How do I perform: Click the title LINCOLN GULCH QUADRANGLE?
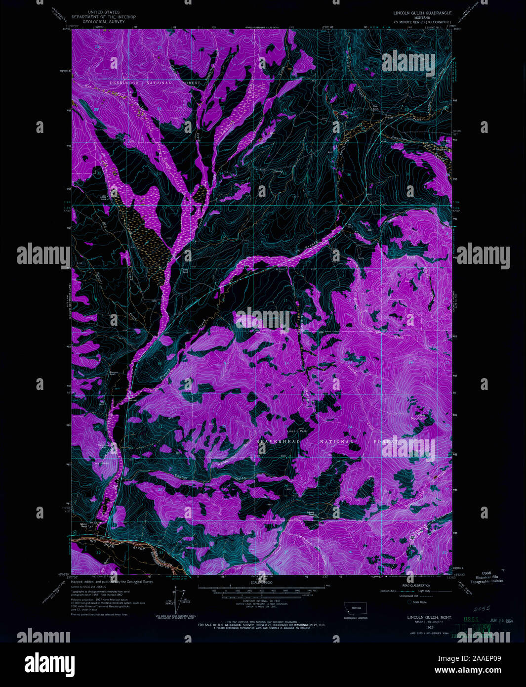[x=422, y=13]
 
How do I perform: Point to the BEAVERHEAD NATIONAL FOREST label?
[x=325, y=441]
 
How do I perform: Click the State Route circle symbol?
[x=409, y=602]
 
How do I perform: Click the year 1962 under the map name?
[x=422, y=627]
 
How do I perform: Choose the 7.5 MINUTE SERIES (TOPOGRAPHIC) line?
[x=422, y=22]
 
